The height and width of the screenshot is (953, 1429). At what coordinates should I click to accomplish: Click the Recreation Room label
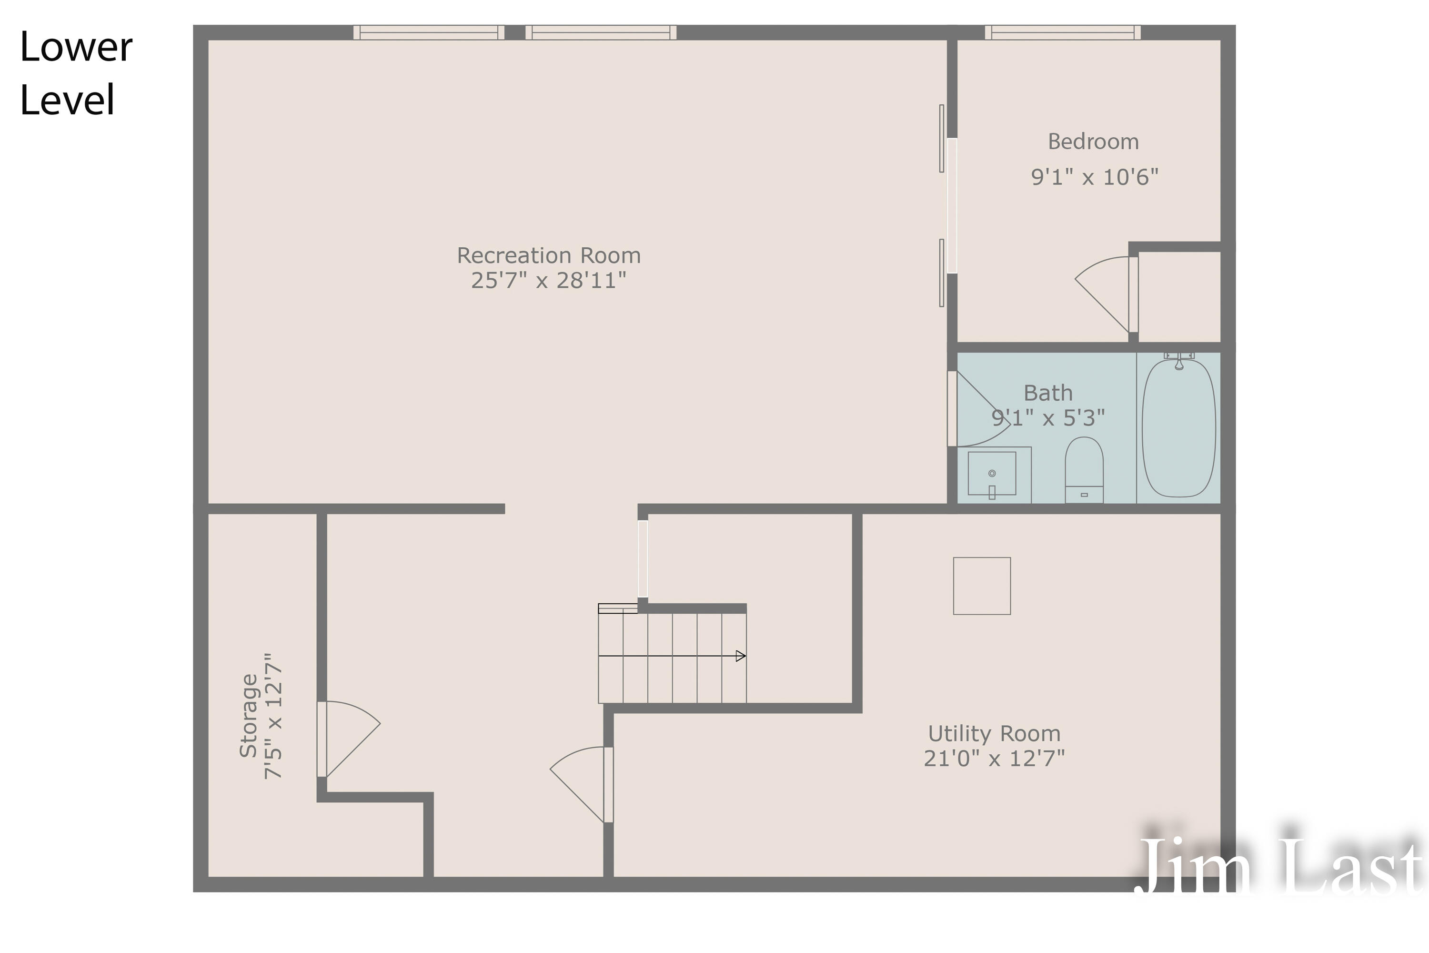549,255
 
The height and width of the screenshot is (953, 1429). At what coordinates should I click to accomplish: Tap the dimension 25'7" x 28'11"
549,280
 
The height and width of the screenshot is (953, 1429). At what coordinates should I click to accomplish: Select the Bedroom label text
1093,142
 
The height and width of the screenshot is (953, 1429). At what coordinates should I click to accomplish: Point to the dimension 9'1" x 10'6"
1094,177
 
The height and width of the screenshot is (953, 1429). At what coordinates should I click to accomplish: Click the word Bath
1048,393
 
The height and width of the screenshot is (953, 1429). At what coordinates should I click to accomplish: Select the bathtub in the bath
1178,428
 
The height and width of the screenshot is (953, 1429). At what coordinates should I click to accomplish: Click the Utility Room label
994,734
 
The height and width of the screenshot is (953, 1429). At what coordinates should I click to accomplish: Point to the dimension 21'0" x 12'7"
994,759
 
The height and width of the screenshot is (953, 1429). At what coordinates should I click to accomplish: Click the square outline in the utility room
982,586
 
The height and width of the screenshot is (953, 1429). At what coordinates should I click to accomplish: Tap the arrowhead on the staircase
741,656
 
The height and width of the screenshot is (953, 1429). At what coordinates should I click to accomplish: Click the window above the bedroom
1063,32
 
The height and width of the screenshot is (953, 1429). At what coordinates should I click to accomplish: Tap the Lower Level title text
75,73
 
